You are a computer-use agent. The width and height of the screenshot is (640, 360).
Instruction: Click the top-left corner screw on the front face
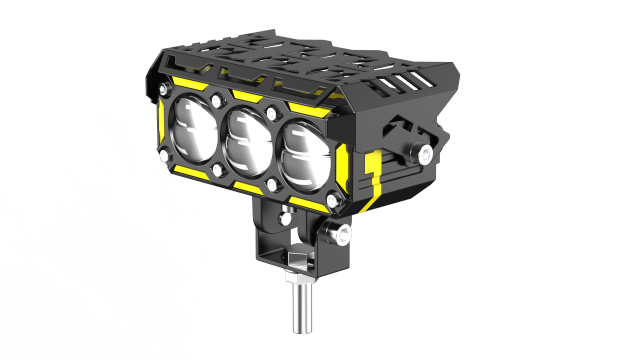pos(166,90)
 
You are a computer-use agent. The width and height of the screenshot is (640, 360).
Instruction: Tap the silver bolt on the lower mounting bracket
pos(345,235)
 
